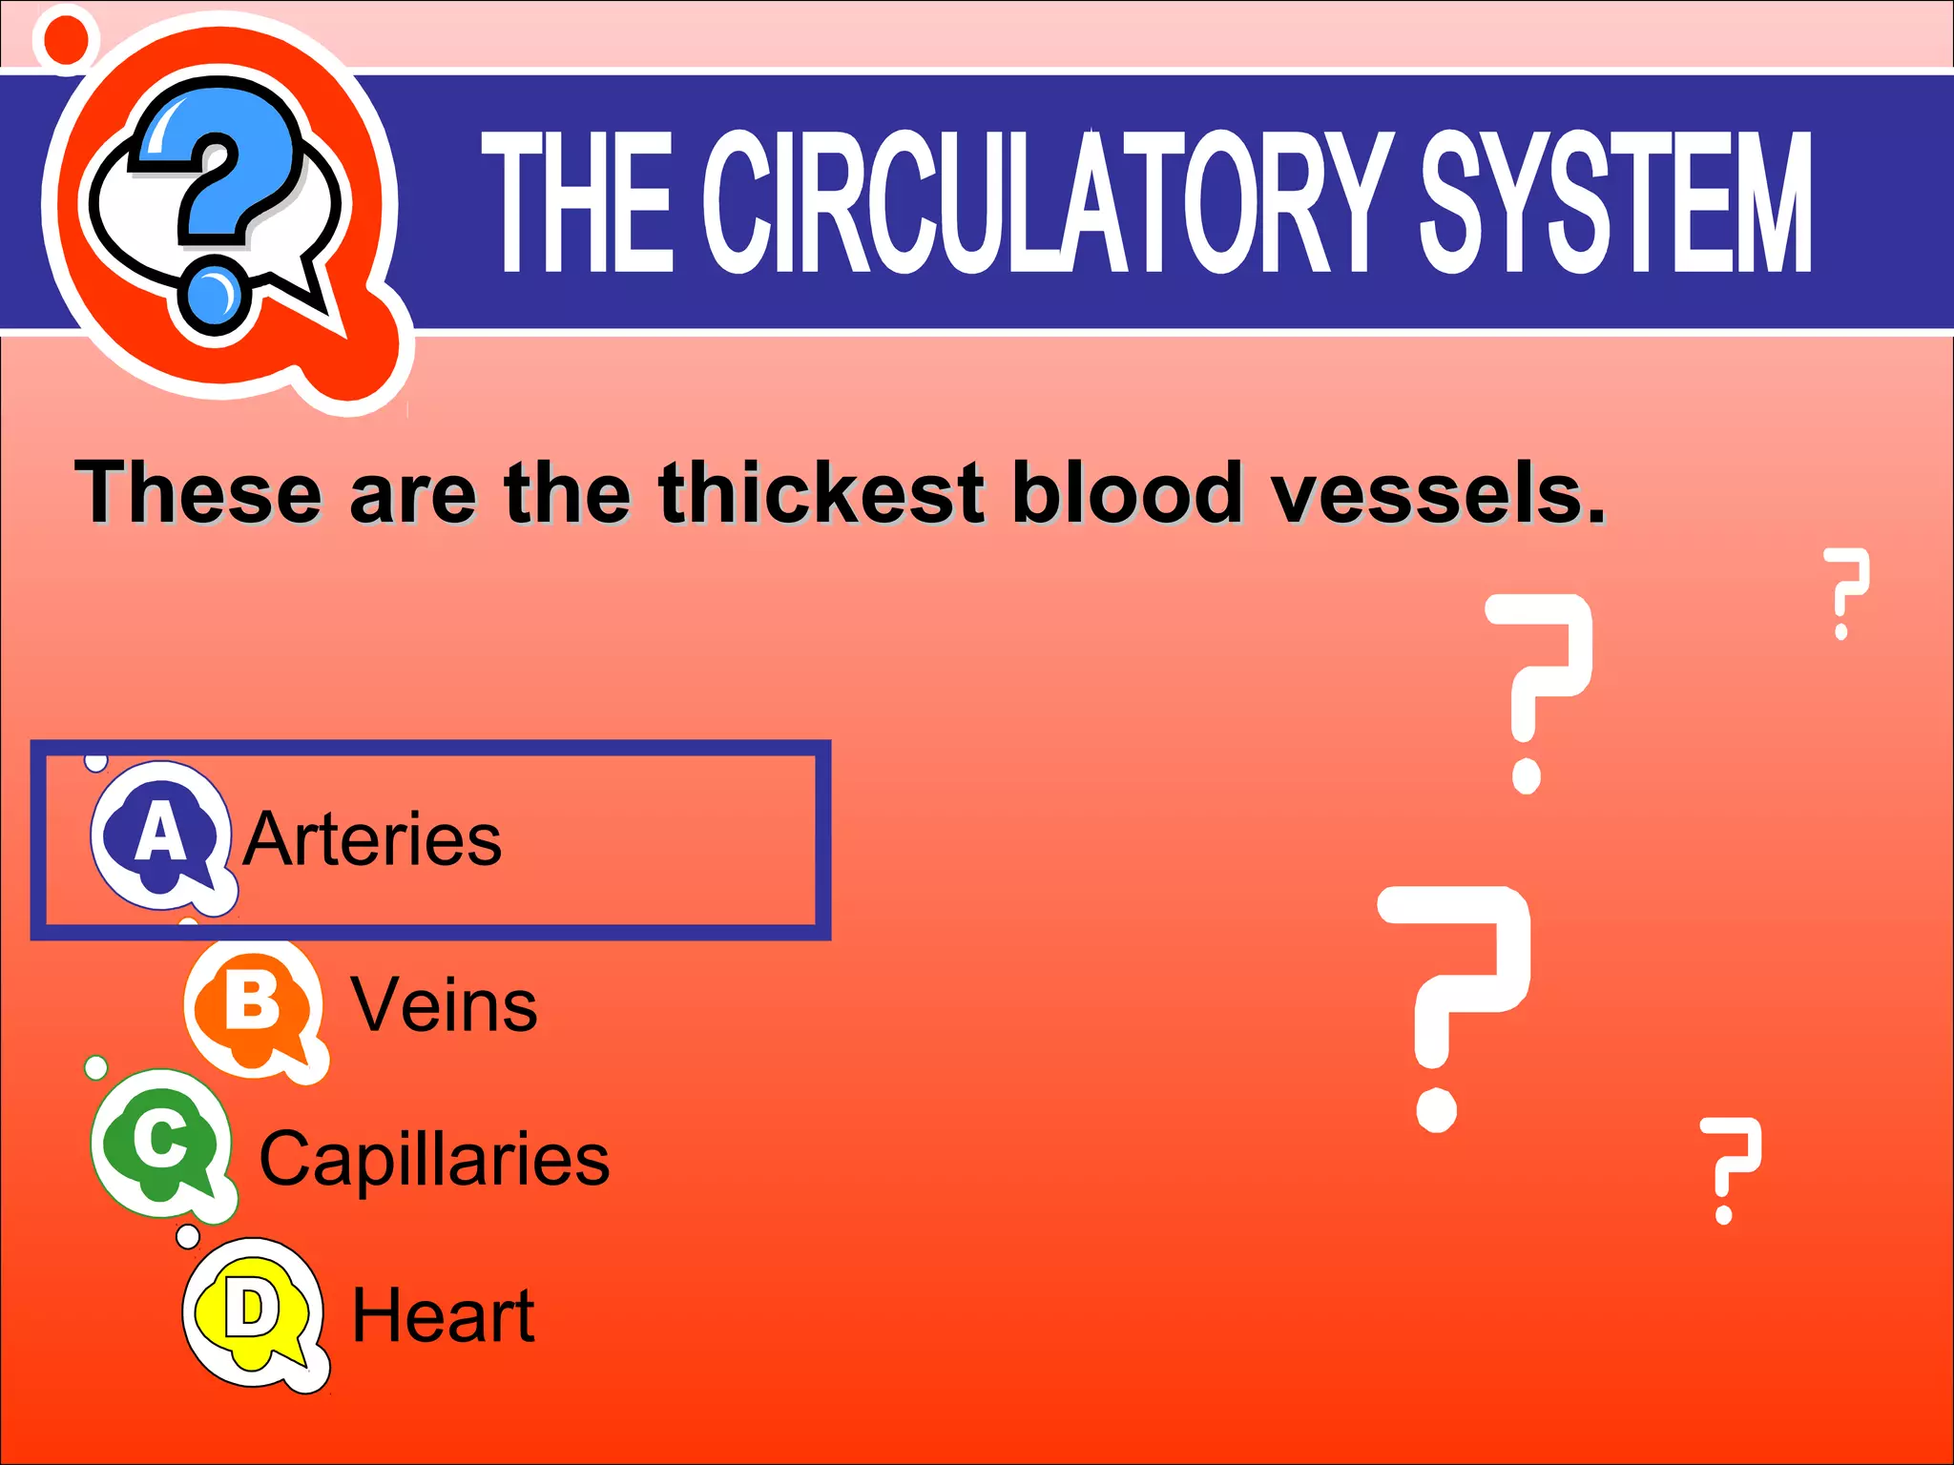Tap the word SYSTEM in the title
point(1615,202)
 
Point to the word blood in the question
point(1128,493)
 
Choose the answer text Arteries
point(372,839)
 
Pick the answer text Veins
point(444,1005)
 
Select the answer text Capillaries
point(434,1160)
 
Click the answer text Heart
point(443,1316)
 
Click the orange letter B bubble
point(253,1006)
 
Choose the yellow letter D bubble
point(252,1311)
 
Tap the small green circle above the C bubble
point(96,1067)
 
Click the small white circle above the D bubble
point(189,1237)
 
